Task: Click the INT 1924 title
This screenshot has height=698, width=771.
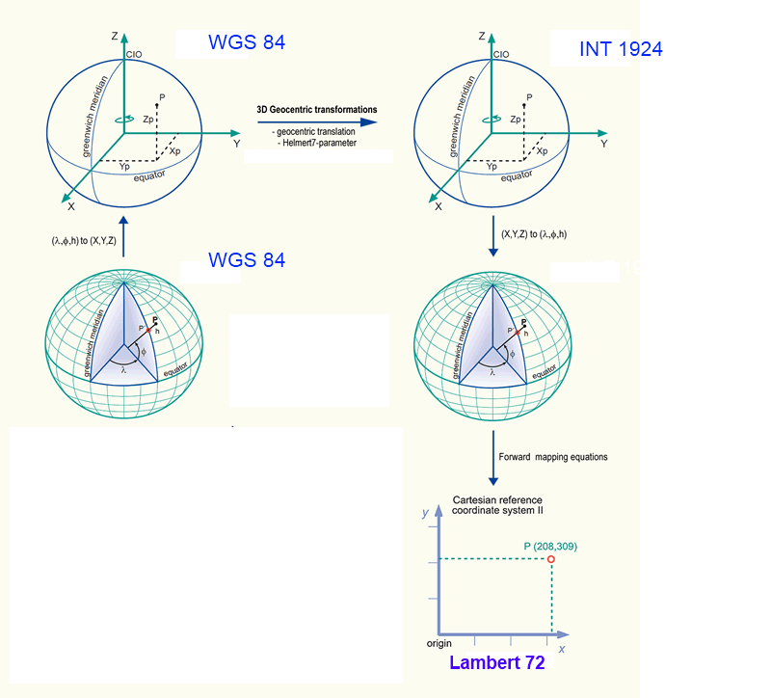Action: [621, 49]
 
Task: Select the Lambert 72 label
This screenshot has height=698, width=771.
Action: [497, 662]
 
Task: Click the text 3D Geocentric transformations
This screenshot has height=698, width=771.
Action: [317, 110]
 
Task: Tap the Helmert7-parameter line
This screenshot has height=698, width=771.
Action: [317, 143]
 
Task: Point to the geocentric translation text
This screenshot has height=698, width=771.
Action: [313, 132]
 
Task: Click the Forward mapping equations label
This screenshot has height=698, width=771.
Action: [553, 457]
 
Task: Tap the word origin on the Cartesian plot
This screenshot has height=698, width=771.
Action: [439, 643]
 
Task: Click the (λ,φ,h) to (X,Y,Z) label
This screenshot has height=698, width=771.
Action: [84, 240]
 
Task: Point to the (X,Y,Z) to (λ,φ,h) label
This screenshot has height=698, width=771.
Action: [534, 234]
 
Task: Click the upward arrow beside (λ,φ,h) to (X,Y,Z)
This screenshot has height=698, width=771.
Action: [123, 236]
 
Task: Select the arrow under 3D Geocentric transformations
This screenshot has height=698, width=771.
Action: [317, 122]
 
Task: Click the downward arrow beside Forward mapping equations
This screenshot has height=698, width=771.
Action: [493, 458]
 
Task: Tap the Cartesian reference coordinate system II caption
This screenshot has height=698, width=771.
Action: [497, 505]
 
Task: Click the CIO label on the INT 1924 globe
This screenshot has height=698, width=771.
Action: [501, 55]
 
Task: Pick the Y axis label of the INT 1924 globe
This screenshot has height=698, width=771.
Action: [604, 144]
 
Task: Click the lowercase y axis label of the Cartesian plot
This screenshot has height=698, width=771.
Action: [425, 513]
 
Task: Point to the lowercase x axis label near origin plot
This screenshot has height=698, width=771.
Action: [562, 649]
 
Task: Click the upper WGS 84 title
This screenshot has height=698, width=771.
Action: [247, 42]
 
